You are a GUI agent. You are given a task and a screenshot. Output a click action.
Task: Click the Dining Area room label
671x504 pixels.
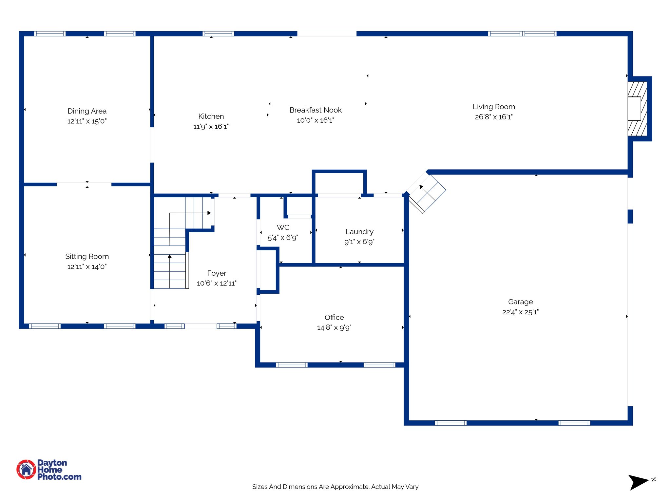point(87,111)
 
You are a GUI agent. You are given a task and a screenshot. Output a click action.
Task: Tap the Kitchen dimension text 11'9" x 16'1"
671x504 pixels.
point(211,126)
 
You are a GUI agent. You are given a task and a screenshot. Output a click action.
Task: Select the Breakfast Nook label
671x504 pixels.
point(315,110)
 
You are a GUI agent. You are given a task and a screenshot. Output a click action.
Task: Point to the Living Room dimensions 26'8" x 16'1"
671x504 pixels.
point(493,117)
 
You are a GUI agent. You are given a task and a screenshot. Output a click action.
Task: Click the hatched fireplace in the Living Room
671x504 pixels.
point(637,109)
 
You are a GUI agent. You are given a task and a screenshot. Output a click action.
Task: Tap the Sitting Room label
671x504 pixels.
point(87,256)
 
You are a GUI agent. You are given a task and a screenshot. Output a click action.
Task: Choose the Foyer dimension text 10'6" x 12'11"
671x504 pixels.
point(216,283)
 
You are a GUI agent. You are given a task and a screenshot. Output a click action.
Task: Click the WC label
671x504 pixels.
point(283,227)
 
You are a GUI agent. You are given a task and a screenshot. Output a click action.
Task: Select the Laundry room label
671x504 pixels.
point(359,232)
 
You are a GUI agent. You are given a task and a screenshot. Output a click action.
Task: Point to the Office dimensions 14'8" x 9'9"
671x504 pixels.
point(334,327)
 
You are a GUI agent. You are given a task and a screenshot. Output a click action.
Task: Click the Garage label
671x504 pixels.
point(520,302)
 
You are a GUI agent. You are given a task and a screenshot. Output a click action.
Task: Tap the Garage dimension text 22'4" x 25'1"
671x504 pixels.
point(520,312)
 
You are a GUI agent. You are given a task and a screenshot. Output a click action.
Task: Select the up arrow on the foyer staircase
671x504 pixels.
point(170,256)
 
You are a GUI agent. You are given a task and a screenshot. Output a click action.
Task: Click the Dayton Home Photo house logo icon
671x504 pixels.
point(26,469)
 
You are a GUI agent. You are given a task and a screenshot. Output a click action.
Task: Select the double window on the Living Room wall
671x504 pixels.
point(522,33)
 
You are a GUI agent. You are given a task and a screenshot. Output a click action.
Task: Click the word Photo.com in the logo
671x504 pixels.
point(59,477)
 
